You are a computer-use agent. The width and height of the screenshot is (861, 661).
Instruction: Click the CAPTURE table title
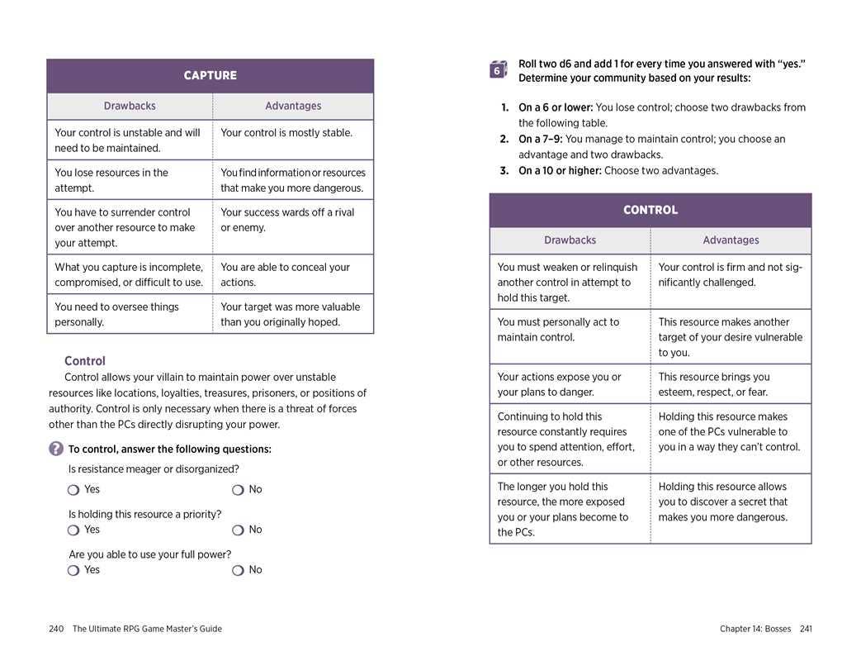pos(210,75)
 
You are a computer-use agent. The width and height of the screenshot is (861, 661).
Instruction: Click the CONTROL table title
pos(650,210)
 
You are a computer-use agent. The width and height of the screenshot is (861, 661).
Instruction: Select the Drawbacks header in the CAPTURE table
pos(130,106)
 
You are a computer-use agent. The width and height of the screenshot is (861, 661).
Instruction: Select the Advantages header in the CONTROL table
pos(731,240)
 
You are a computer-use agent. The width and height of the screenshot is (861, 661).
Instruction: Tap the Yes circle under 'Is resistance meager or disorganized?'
pos(73,490)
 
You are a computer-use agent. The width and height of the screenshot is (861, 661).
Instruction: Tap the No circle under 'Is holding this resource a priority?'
pos(238,530)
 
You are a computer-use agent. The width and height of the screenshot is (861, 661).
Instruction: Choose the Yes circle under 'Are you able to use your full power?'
pos(73,570)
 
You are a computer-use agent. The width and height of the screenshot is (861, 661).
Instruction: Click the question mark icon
pos(55,449)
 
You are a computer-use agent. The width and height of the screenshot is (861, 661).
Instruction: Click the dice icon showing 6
pos(497,70)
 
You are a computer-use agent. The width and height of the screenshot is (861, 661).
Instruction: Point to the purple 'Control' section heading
pos(85,361)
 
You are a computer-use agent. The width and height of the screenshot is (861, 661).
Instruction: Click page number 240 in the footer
pos(56,629)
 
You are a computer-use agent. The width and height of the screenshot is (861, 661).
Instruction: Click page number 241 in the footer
pos(806,629)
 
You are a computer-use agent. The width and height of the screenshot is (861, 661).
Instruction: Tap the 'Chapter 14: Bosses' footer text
pos(755,629)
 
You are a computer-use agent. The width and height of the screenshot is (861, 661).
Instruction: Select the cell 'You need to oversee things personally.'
pos(116,314)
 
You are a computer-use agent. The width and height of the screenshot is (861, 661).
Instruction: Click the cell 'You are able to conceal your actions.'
pos(286,274)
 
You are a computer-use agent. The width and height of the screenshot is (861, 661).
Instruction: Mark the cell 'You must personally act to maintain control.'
pos(558,330)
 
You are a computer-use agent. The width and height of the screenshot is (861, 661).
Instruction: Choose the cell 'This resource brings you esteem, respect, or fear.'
pos(714,384)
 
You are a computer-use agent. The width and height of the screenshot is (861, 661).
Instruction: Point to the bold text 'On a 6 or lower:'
pos(556,107)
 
